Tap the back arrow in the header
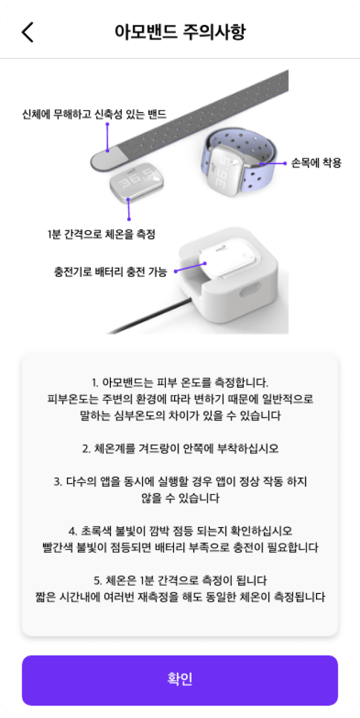pyautogui.click(x=27, y=32)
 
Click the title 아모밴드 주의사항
pyautogui.click(x=180, y=32)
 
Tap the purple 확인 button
pyautogui.click(x=180, y=680)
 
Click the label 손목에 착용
pyautogui.click(x=316, y=163)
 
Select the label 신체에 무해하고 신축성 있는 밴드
pyautogui.click(x=94, y=114)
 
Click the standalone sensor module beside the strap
pyautogui.click(x=136, y=180)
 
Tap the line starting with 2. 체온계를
pyautogui.click(x=180, y=449)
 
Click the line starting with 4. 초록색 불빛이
pyautogui.click(x=180, y=530)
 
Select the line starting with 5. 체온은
pyautogui.click(x=180, y=580)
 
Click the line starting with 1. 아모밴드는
pyautogui.click(x=180, y=382)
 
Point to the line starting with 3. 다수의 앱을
pyautogui.click(x=180, y=481)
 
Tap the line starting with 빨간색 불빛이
pyautogui.click(x=180, y=547)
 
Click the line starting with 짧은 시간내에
pyautogui.click(x=180, y=597)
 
